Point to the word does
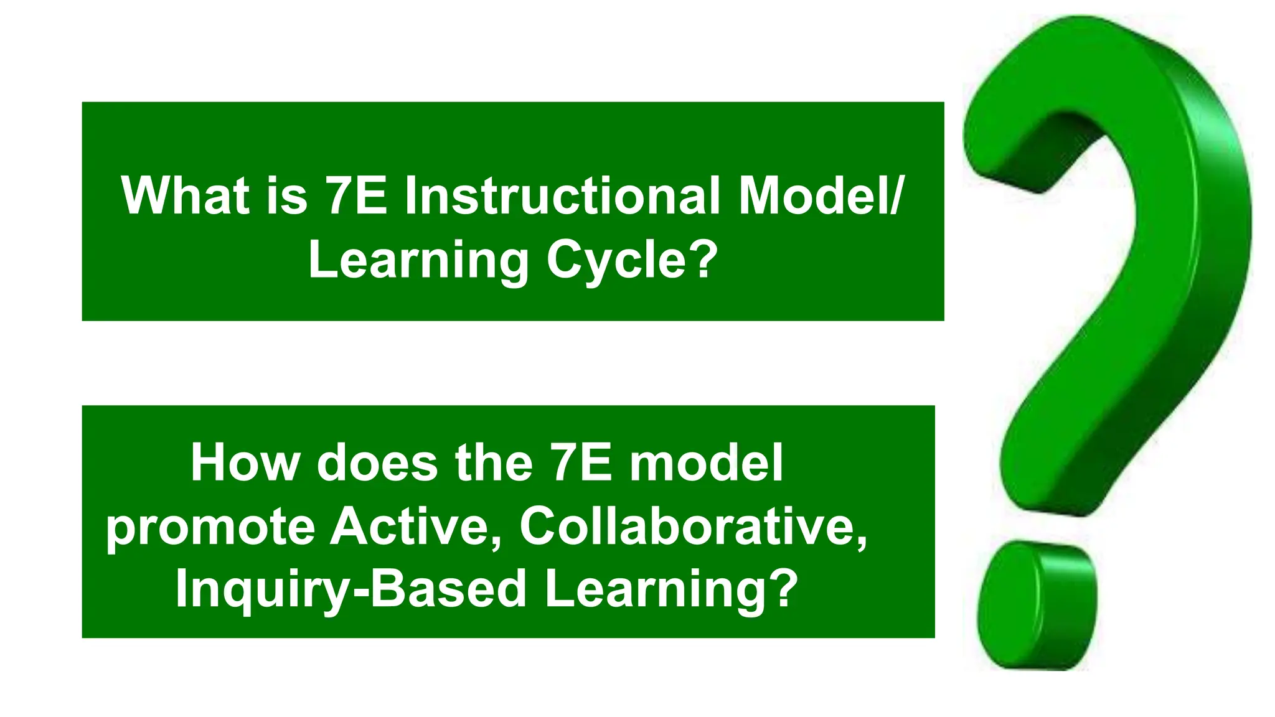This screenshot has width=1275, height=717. coord(377,463)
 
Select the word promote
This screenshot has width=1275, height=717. coord(211,528)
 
